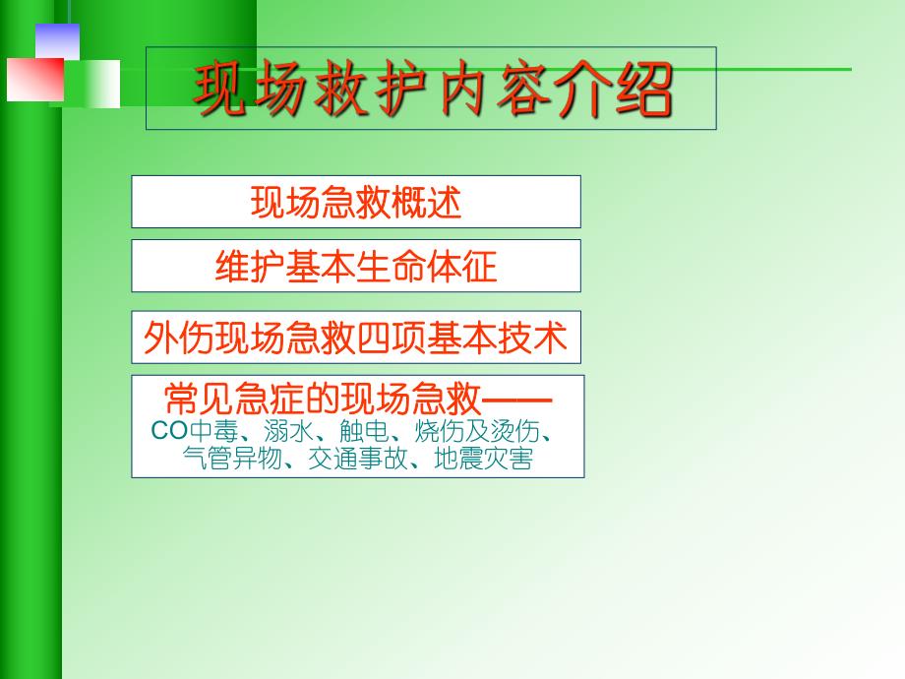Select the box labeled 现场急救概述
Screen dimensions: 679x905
click(356, 203)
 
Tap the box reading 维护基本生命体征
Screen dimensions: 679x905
click(356, 267)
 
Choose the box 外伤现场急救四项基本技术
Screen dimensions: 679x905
click(356, 339)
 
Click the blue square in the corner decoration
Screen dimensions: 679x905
click(56, 41)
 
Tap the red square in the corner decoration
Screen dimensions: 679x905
click(34, 80)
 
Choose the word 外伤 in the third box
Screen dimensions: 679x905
click(178, 339)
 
